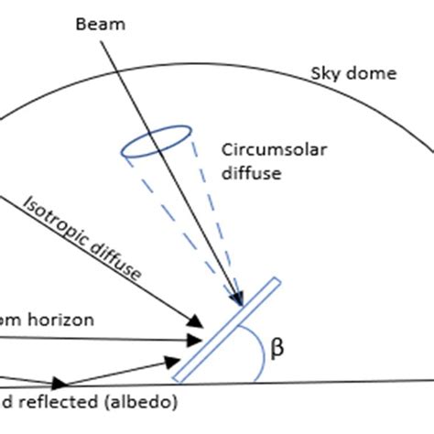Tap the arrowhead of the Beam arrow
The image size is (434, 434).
pyautogui.click(x=240, y=299)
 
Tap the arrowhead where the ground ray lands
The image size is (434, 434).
pyautogui.click(x=60, y=383)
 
